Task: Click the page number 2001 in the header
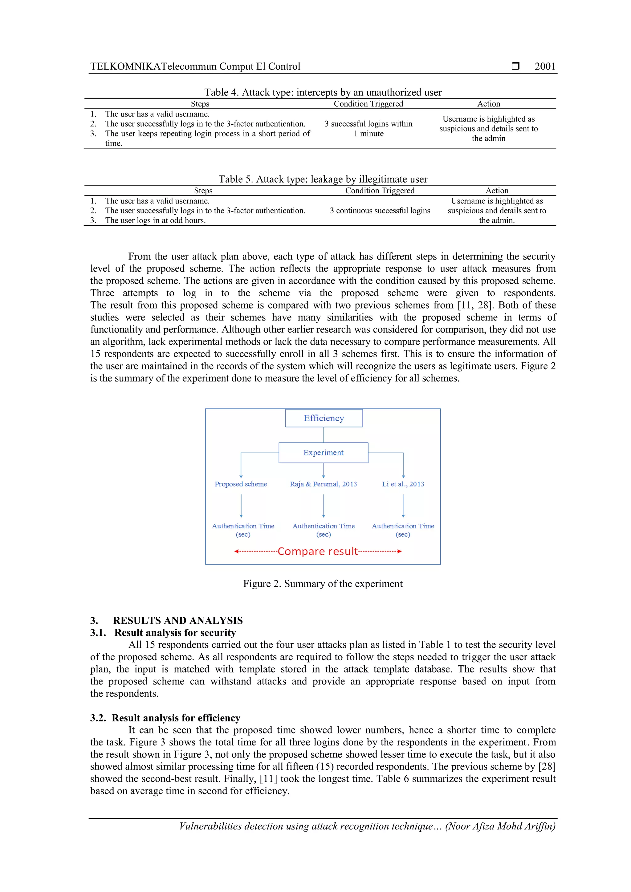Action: coord(545,67)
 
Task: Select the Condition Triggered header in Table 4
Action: coord(368,104)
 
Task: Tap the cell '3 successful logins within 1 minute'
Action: coord(368,129)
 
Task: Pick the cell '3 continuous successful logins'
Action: coord(380,211)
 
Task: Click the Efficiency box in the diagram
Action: coord(324,418)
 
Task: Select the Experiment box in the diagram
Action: coord(323,453)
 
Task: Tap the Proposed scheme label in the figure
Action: coord(241,484)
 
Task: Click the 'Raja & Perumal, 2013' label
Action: coord(323,484)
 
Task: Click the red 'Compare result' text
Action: coord(317,551)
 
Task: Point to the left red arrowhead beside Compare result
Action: coord(236,551)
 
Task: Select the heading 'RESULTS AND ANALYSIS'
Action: coord(178,620)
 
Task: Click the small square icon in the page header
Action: coord(515,66)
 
